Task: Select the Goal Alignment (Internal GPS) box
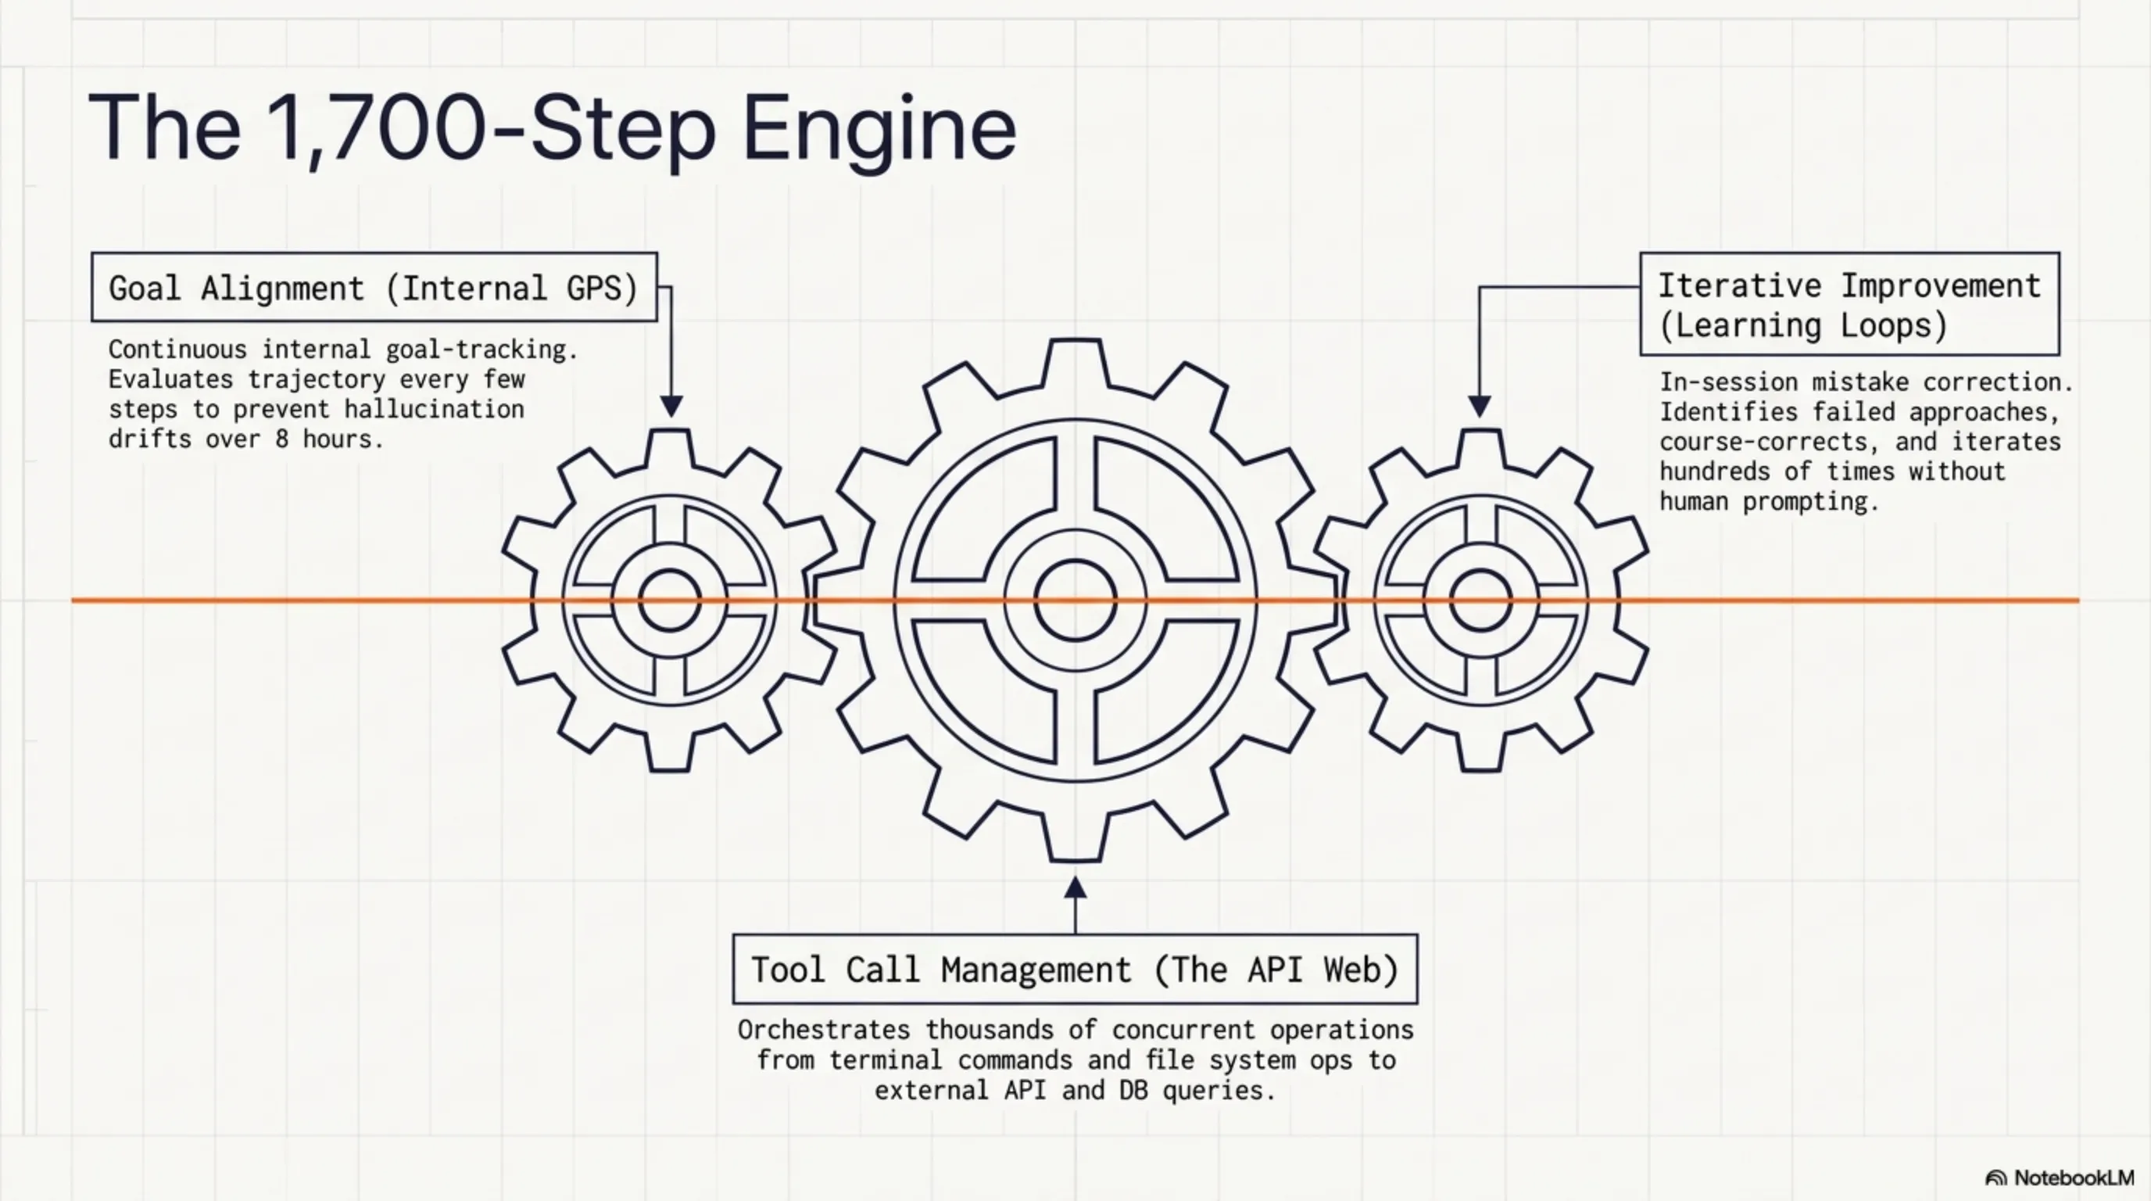[x=374, y=287]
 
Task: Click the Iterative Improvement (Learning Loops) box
[x=1849, y=305]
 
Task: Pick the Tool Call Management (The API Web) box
[x=1075, y=970]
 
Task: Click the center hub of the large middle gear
[x=1075, y=600]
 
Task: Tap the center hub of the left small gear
[x=670, y=600]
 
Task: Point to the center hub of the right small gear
[x=1480, y=600]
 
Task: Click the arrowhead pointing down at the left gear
[x=671, y=406]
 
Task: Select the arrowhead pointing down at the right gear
[x=1479, y=406]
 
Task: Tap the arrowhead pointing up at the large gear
[x=1075, y=887]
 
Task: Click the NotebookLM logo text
[x=2073, y=1178]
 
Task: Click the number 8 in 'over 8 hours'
[x=282, y=439]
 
